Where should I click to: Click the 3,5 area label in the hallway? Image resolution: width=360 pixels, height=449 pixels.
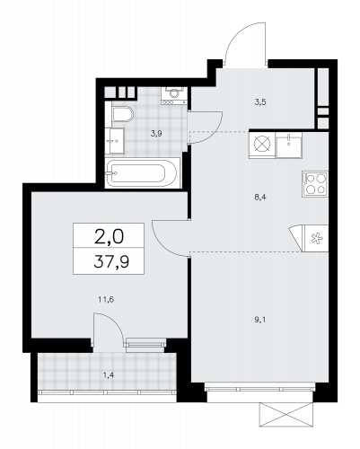click(260, 102)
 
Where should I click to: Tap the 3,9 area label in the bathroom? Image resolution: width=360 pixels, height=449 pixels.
click(156, 134)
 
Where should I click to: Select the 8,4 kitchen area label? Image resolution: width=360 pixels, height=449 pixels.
click(260, 197)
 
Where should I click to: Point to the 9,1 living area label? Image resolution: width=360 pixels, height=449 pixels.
click(260, 320)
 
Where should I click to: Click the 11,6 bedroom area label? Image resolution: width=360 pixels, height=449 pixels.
click(106, 299)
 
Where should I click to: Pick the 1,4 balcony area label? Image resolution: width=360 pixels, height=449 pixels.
click(109, 375)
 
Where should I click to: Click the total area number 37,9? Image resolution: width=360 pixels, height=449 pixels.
click(111, 261)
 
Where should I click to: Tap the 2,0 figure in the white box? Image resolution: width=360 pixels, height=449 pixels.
click(109, 237)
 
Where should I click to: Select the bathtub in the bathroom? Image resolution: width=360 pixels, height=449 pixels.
click(142, 173)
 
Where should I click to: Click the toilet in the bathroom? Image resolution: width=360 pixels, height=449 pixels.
click(122, 114)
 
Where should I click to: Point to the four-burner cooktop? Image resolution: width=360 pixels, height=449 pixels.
click(315, 184)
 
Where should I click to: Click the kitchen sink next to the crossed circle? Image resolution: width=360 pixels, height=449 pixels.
click(289, 145)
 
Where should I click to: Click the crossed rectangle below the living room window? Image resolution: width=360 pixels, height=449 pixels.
click(286, 415)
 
